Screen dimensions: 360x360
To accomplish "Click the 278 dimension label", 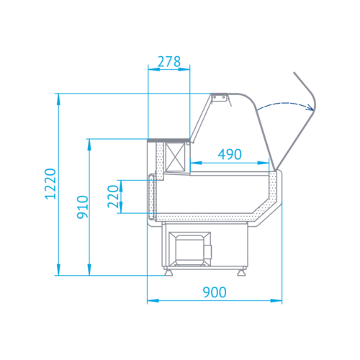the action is tap(169, 62).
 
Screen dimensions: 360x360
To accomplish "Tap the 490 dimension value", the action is tap(230, 154).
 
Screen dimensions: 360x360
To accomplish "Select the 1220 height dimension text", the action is tap(50, 184).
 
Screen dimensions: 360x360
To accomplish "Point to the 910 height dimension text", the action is tap(82, 207).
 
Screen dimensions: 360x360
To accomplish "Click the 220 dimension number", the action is tap(113, 197).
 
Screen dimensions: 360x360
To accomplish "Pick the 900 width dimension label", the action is tap(215, 292).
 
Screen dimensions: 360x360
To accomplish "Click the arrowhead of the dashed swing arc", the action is tap(310, 107).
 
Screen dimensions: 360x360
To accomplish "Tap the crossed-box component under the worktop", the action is tap(176, 157).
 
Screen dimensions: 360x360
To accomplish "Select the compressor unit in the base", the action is tap(189, 249).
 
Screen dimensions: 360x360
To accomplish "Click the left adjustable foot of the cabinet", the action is tap(168, 272).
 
